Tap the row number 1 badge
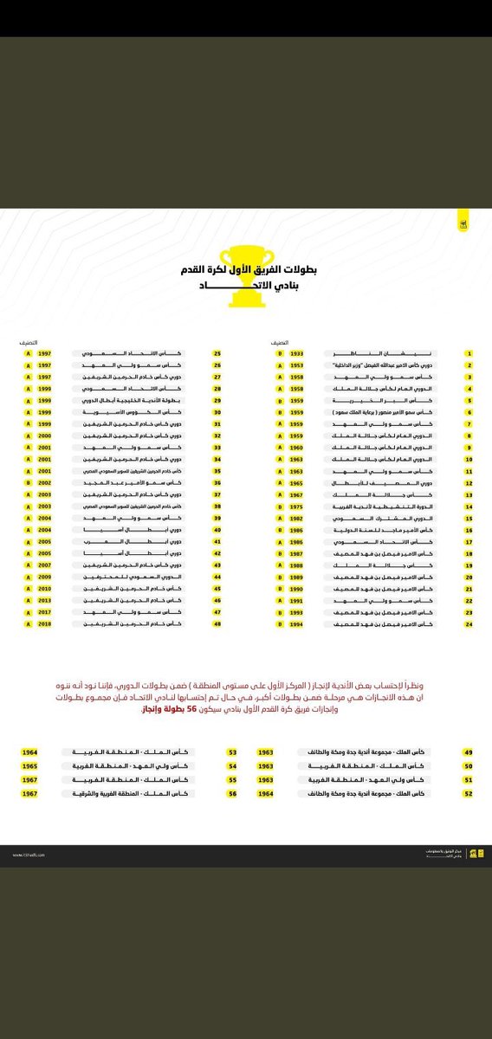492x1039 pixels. (469, 354)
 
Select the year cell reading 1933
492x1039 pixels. (297, 354)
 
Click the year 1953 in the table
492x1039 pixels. (297, 366)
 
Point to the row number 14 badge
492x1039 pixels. (469, 505)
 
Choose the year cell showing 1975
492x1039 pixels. (297, 505)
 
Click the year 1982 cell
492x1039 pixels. (297, 517)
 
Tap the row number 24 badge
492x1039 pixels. (469, 624)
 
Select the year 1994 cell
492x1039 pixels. (297, 624)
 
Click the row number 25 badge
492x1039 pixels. (218, 354)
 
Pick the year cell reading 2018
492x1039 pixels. (45, 624)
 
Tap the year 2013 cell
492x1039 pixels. (45, 600)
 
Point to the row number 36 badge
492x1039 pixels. (218, 482)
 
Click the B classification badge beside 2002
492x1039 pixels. (27, 482)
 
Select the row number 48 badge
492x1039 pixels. (218, 624)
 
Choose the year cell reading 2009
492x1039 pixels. (45, 576)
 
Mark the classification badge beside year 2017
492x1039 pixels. (27, 612)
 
